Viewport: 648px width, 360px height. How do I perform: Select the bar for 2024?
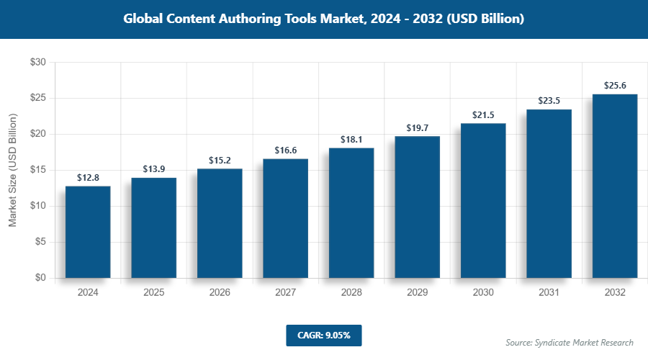pyautogui.click(x=88, y=232)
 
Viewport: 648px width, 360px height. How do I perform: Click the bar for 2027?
pyautogui.click(x=285, y=218)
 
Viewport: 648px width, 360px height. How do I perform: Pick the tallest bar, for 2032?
pyautogui.click(x=615, y=186)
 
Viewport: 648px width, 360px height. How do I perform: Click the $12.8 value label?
pyautogui.click(x=88, y=177)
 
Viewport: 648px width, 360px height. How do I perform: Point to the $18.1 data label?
pyautogui.click(x=351, y=139)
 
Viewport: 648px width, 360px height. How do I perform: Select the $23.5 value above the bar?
pyautogui.click(x=549, y=100)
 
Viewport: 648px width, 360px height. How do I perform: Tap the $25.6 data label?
pyautogui.click(x=615, y=85)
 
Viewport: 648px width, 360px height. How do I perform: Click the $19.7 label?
pyautogui.click(x=417, y=127)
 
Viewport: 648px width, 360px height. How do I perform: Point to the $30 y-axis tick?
pyautogui.click(x=37, y=63)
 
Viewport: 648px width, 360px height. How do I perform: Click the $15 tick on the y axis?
pyautogui.click(x=37, y=170)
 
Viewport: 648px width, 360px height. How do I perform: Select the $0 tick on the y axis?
pyautogui.click(x=40, y=278)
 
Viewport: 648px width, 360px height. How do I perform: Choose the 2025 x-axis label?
pyautogui.click(x=153, y=293)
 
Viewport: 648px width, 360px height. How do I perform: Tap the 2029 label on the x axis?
pyautogui.click(x=417, y=293)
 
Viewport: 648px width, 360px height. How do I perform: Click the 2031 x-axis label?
pyautogui.click(x=549, y=293)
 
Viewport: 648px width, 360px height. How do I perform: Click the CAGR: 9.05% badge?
pyautogui.click(x=323, y=335)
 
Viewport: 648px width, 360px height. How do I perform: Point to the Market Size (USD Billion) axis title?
pyautogui.click(x=12, y=170)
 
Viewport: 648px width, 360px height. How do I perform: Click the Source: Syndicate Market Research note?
pyautogui.click(x=569, y=342)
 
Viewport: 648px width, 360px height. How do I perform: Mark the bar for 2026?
pyautogui.click(x=220, y=223)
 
